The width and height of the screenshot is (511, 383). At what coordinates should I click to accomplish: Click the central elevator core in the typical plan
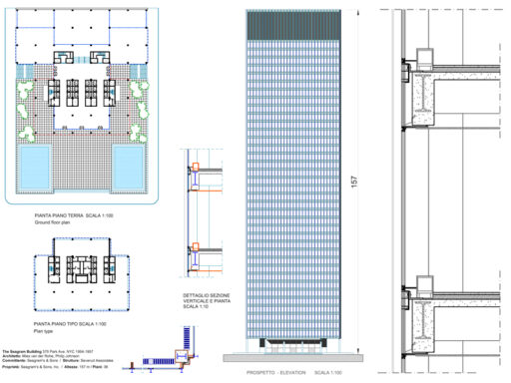[81, 273]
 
